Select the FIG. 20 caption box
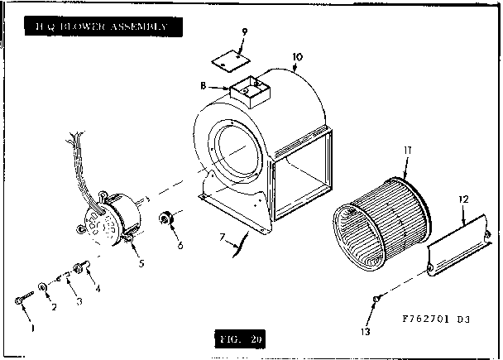pyautogui.click(x=240, y=339)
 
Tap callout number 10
pyautogui.click(x=298, y=58)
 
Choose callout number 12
pyautogui.click(x=464, y=199)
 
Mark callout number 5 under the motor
pyautogui.click(x=141, y=264)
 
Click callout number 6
pyautogui.click(x=181, y=246)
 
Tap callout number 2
pyautogui.click(x=55, y=308)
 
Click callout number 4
pyautogui.click(x=98, y=289)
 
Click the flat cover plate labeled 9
pyautogui.click(x=230, y=58)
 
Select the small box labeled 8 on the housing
pyautogui.click(x=251, y=91)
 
